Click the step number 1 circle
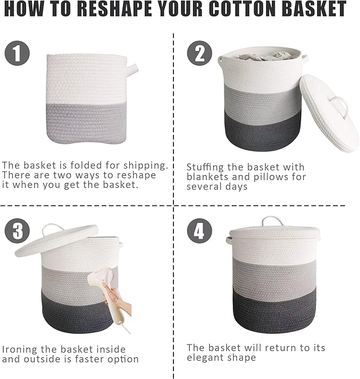pyautogui.click(x=17, y=54)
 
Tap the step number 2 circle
pyautogui.click(x=199, y=54)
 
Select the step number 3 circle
pyautogui.click(x=17, y=231)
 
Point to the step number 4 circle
pyautogui.click(x=199, y=231)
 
